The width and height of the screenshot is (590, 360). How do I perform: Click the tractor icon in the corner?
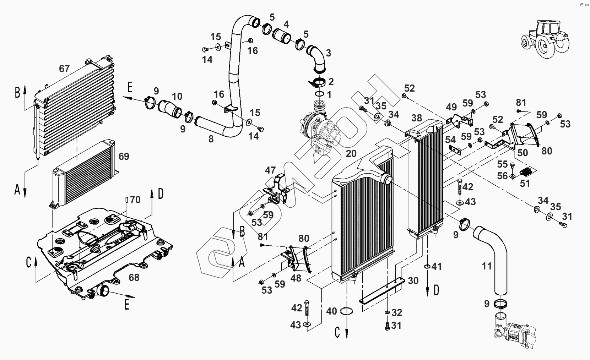click(545, 39)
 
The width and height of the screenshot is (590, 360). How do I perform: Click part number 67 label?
click(64, 69)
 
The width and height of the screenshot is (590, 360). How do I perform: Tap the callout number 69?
click(124, 157)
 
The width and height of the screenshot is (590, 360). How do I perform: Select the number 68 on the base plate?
click(134, 277)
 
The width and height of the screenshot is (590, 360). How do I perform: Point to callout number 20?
click(351, 153)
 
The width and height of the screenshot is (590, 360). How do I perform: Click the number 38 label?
click(416, 118)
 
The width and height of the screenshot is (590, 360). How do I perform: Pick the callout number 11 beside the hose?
click(487, 266)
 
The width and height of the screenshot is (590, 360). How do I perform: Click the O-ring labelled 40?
click(347, 311)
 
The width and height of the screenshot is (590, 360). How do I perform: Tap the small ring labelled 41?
click(427, 267)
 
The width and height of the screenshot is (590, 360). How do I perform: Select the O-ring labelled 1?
click(319, 94)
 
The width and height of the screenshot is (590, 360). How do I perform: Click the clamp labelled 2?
click(317, 83)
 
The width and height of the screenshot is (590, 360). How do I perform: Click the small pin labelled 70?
click(127, 200)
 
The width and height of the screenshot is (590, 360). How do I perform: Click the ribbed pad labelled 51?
click(526, 172)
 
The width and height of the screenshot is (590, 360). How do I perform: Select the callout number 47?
click(270, 170)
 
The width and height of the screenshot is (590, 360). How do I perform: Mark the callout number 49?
click(451, 107)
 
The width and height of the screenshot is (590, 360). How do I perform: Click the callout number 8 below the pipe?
click(211, 139)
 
